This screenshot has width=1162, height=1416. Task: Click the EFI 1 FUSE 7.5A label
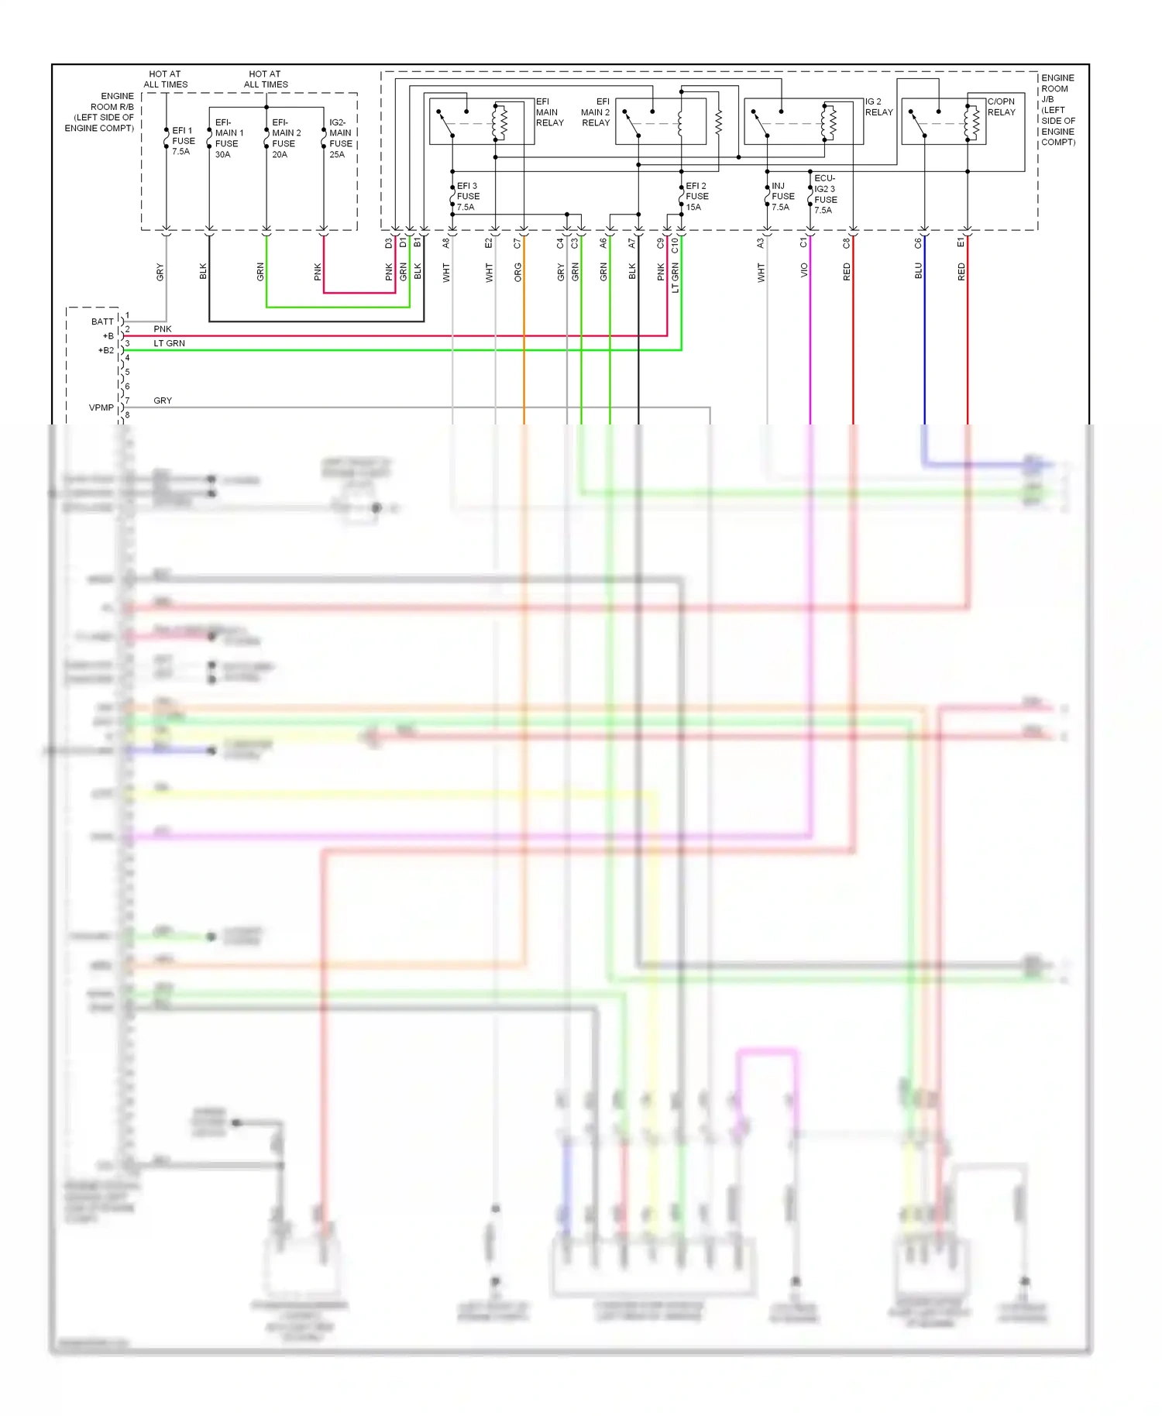click(x=183, y=141)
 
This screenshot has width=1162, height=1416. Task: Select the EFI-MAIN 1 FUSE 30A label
click(x=229, y=139)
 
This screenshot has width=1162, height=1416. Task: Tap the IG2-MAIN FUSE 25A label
click(x=340, y=139)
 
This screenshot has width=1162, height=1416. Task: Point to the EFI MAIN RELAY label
click(x=549, y=112)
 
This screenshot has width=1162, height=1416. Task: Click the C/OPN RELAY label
click(x=1001, y=107)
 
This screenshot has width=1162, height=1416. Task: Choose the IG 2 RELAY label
click(x=878, y=107)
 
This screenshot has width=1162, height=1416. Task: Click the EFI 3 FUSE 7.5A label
click(x=468, y=197)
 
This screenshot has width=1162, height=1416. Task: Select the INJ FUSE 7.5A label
click(x=782, y=197)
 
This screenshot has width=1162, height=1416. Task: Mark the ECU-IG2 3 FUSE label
click(x=825, y=194)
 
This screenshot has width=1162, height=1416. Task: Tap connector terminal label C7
click(x=517, y=243)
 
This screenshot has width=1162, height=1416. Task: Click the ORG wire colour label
click(x=517, y=272)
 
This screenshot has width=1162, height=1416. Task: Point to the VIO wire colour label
click(x=804, y=270)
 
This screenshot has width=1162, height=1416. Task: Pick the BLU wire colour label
click(x=919, y=270)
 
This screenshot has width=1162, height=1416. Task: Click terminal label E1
click(x=961, y=243)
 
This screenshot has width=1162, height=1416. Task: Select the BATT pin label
click(x=102, y=321)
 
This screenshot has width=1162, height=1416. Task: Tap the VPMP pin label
click(x=101, y=407)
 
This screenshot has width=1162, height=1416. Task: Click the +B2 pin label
click(x=105, y=350)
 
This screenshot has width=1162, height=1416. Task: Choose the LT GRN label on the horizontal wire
click(x=169, y=343)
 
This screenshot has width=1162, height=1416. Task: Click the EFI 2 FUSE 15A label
click(x=696, y=197)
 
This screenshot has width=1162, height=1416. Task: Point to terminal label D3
click(x=389, y=243)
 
